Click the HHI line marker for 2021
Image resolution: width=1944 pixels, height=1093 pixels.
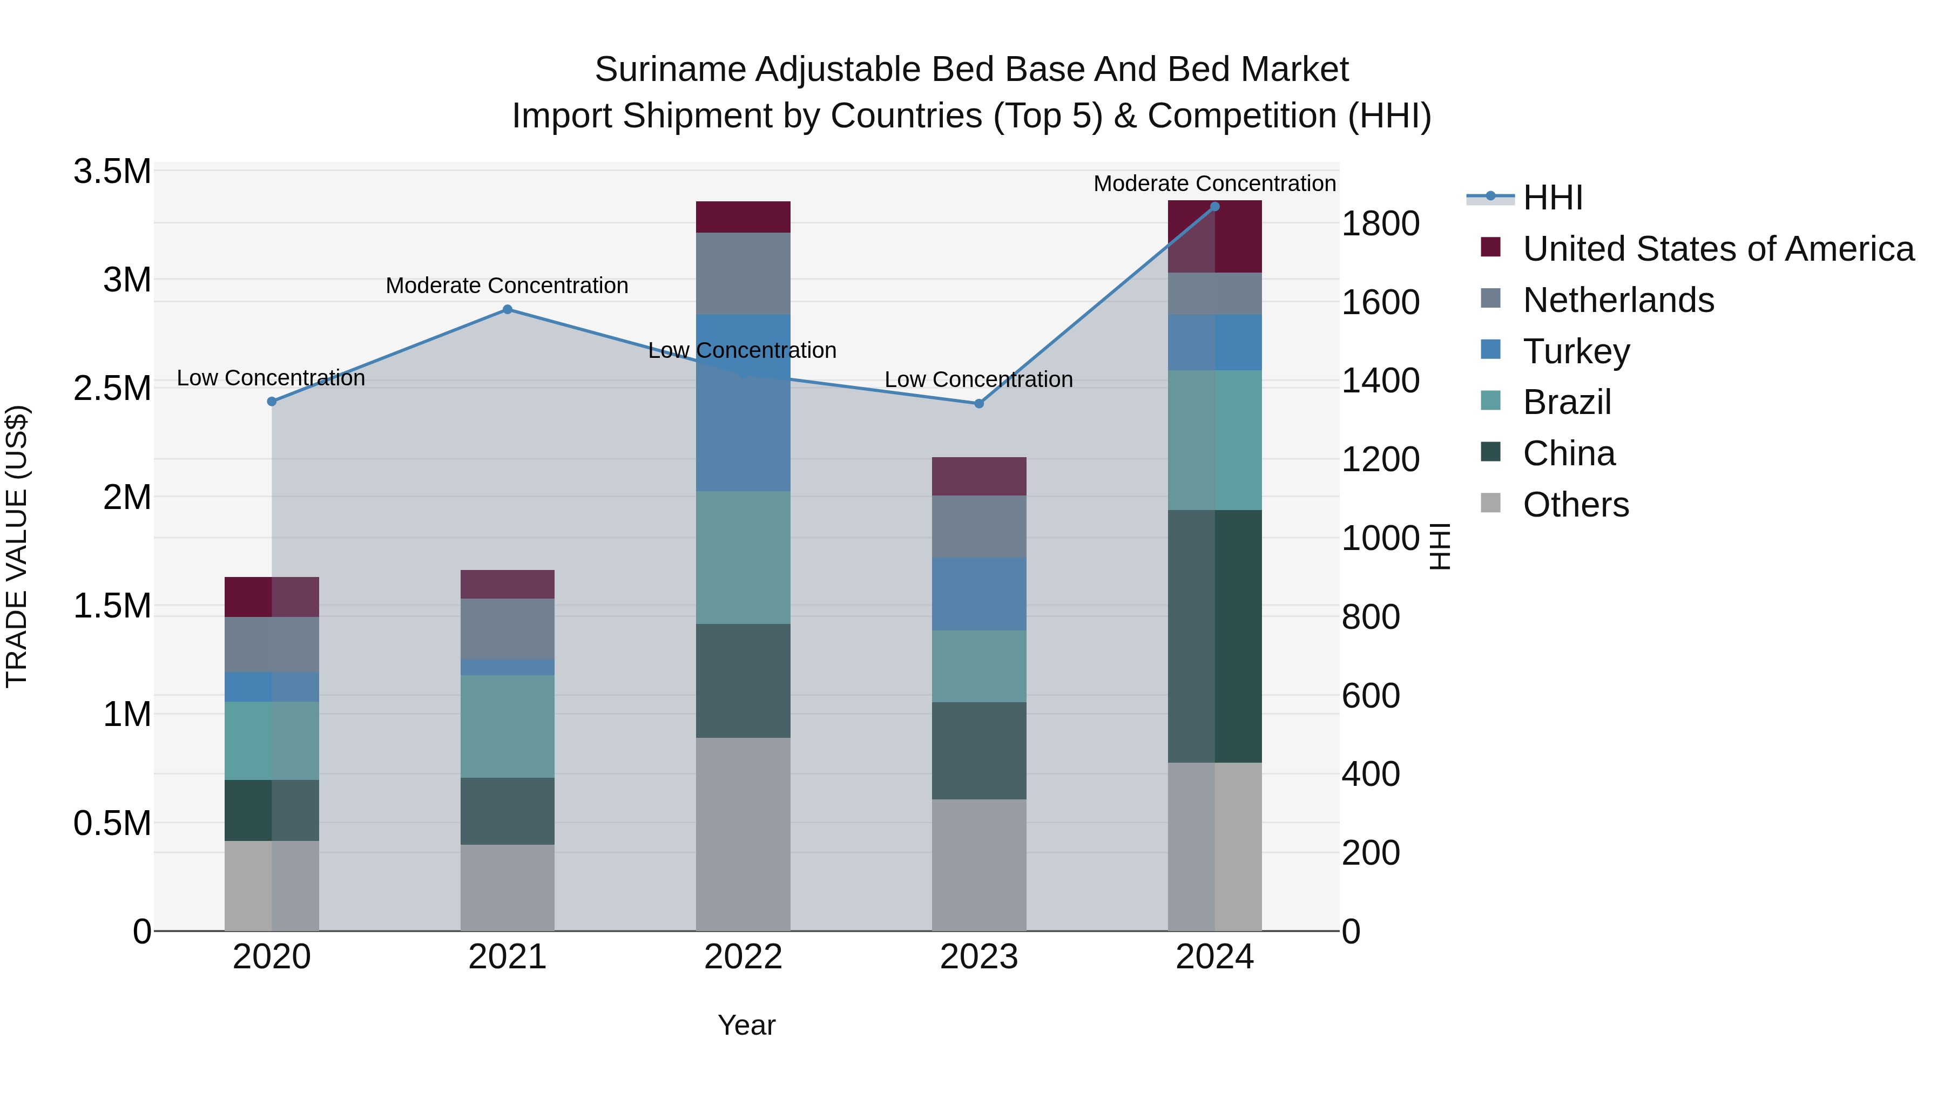point(507,309)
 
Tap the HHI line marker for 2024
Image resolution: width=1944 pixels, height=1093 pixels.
point(1214,207)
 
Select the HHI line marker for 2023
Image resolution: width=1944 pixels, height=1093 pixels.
point(979,404)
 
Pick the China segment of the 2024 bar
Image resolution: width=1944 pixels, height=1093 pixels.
point(1214,636)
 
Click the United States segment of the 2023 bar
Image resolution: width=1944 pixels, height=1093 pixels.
point(979,476)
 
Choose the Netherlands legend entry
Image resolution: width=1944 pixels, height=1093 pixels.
point(1618,300)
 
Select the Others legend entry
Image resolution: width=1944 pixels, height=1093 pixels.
point(1575,505)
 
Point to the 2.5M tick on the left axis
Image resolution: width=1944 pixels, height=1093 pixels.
point(112,389)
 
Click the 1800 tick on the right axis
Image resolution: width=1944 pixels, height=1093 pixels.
point(1380,224)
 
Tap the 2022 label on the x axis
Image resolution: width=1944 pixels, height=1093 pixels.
point(742,957)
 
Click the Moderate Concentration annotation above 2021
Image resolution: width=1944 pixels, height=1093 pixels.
point(507,286)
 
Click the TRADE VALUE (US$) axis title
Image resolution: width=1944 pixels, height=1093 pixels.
point(17,546)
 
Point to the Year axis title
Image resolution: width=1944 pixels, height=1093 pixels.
point(746,1025)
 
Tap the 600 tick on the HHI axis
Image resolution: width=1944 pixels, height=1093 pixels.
point(1371,696)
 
